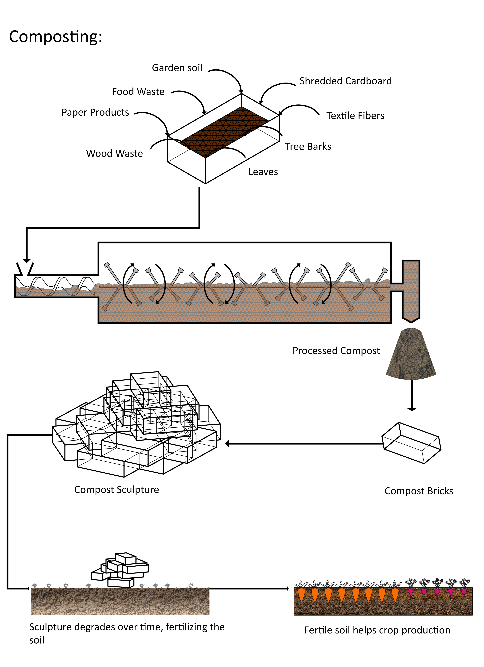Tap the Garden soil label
click(177, 68)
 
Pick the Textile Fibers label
click(355, 116)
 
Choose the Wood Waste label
click(114, 153)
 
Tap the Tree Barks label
click(308, 146)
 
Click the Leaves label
click(263, 172)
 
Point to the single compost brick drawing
click(411, 443)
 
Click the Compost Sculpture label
click(116, 490)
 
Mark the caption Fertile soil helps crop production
click(377, 630)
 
